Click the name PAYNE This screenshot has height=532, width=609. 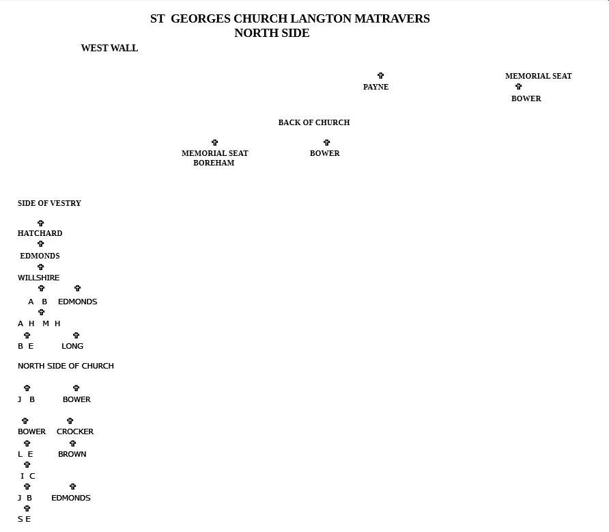tap(376, 87)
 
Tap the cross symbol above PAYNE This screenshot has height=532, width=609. tap(381, 75)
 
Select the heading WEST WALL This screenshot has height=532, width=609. tap(109, 48)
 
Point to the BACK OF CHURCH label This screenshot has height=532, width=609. tap(314, 122)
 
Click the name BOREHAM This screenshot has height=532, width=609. tap(214, 163)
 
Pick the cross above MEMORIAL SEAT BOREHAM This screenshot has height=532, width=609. tap(215, 142)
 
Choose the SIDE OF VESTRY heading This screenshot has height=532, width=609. tap(49, 203)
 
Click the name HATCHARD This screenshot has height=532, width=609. tap(40, 233)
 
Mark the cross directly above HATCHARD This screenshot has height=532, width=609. tap(41, 223)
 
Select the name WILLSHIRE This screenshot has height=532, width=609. tap(38, 278)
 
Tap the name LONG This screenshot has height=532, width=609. tap(72, 346)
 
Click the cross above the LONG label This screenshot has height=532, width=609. tap(76, 335)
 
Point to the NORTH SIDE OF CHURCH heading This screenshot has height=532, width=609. tap(66, 366)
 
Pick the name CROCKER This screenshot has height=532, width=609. tap(75, 431)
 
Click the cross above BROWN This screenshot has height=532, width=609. tap(72, 443)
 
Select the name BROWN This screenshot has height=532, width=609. tap(72, 454)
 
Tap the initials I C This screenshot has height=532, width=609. tap(27, 476)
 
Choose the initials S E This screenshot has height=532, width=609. tap(24, 519)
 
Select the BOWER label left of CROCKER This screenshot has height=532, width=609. tap(32, 431)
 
